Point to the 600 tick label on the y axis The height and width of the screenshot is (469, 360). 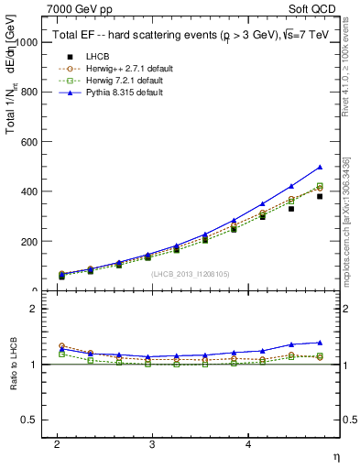pos(28,142)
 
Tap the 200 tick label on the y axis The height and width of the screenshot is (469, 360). pos(28,242)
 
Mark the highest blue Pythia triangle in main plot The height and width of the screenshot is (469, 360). pos(320,168)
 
